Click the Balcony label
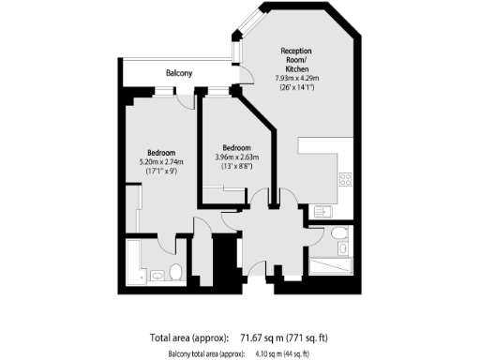(179, 73)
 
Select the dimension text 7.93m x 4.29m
(297, 79)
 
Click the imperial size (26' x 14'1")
(297, 88)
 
